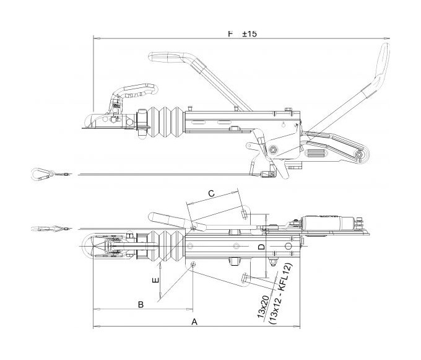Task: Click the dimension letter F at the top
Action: (230, 34)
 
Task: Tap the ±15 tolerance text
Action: (250, 34)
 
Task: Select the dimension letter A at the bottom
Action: (194, 322)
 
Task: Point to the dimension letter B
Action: (141, 305)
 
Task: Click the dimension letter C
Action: (212, 193)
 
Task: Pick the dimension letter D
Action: (261, 247)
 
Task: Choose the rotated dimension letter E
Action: (155, 281)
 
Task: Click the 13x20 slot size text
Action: (263, 307)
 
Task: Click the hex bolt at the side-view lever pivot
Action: (273, 149)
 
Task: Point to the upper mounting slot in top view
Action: (245, 214)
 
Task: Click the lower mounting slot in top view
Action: (245, 277)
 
